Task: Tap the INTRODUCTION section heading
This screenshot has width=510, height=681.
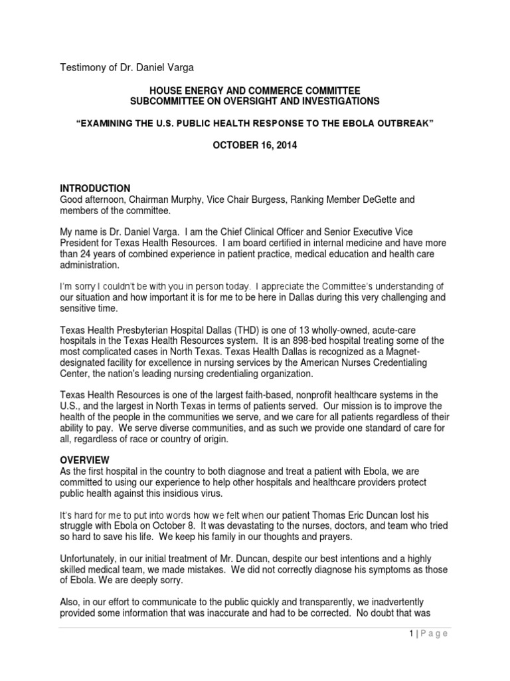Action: tap(95, 188)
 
